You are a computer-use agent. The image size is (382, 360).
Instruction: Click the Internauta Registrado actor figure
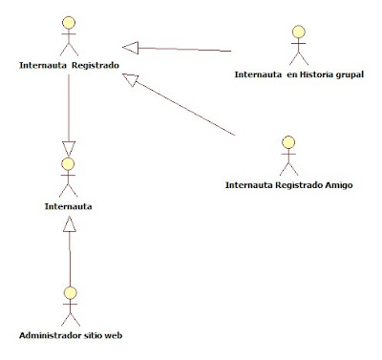(68, 37)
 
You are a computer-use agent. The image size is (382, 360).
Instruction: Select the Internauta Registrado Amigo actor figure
(288, 156)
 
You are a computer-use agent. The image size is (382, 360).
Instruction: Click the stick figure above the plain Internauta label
(68, 177)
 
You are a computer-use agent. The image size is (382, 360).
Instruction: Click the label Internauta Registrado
(68, 66)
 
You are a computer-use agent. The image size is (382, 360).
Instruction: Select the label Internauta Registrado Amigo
(288, 184)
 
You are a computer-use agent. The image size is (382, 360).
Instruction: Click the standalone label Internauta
(67, 204)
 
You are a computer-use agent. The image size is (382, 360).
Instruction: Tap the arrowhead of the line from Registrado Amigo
(132, 84)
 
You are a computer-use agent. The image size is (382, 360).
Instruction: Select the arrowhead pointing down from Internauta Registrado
(68, 149)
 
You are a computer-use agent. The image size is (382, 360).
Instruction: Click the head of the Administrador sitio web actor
(68, 290)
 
